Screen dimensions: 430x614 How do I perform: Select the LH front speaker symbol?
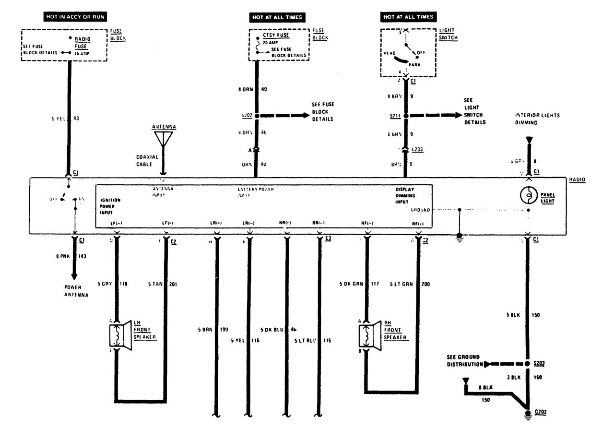click(119, 334)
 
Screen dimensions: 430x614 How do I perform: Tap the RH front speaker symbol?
click(368, 334)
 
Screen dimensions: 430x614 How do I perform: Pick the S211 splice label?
click(396, 116)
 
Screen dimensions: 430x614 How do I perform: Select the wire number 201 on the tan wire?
click(174, 284)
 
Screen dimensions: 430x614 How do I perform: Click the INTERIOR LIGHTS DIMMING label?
click(537, 119)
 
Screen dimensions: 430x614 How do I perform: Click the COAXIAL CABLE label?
click(143, 160)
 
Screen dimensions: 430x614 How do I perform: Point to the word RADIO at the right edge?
click(577, 180)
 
